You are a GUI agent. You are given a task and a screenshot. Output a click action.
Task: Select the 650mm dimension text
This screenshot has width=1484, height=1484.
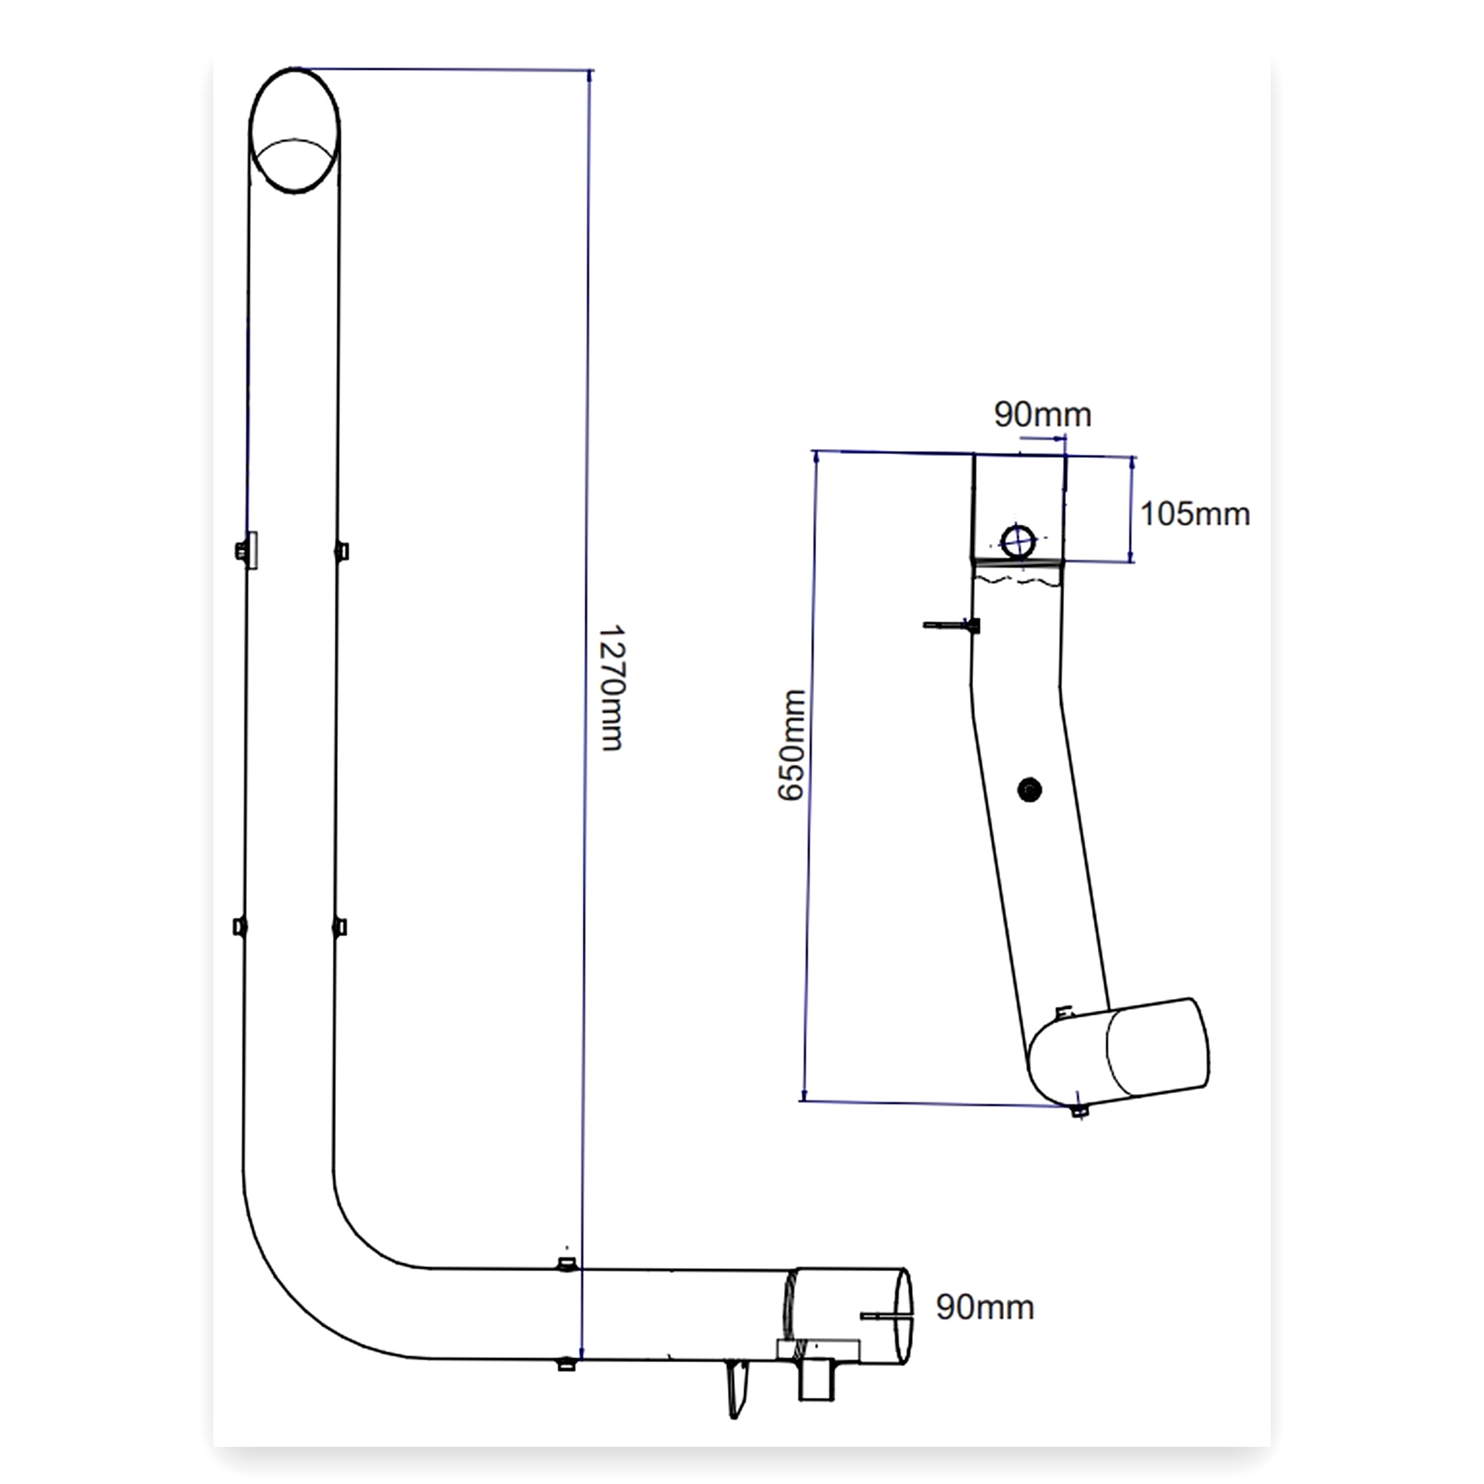coord(792,745)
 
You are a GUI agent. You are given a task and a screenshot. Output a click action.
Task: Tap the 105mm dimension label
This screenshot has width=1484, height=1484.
coord(1194,514)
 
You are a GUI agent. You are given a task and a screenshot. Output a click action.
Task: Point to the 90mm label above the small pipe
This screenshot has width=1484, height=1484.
coord(1042,415)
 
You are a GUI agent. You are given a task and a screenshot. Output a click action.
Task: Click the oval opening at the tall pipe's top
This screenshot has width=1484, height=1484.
coord(295,130)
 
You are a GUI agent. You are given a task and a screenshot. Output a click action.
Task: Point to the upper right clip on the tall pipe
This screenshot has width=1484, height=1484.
coord(341,551)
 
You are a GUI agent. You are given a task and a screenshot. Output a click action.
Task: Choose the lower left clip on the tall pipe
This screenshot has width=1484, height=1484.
coord(241,926)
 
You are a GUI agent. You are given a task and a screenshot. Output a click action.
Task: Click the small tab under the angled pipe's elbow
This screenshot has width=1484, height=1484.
coord(1080,1111)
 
